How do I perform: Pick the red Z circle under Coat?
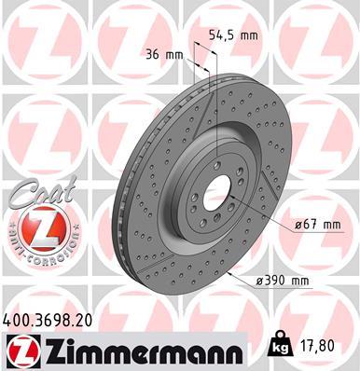click(31, 228)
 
